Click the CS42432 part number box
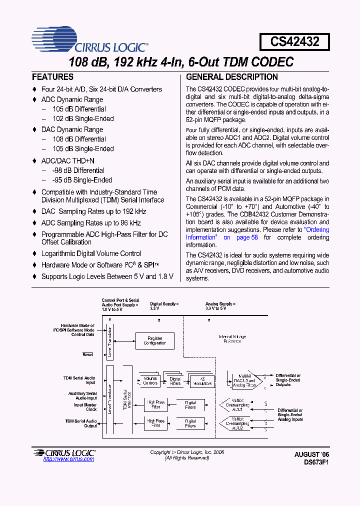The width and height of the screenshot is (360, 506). [x=294, y=41]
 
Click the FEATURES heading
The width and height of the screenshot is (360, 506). [x=52, y=77]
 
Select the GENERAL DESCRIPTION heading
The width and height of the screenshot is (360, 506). [x=232, y=77]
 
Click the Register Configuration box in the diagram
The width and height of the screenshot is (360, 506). [x=155, y=341]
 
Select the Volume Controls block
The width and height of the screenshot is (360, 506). [x=150, y=381]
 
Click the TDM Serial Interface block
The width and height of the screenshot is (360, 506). [x=127, y=400]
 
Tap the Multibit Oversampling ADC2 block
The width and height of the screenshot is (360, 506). [x=237, y=425]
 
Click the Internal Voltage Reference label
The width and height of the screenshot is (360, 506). [x=232, y=339]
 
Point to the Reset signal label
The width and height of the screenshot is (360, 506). [x=88, y=354]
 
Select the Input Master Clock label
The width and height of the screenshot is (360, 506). [x=85, y=407]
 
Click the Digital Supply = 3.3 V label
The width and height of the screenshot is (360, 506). [x=164, y=306]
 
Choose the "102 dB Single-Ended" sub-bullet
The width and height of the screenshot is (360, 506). [x=83, y=118]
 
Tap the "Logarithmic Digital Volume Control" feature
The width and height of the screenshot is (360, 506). [x=91, y=253]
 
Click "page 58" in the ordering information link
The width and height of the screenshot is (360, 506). [x=247, y=237]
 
